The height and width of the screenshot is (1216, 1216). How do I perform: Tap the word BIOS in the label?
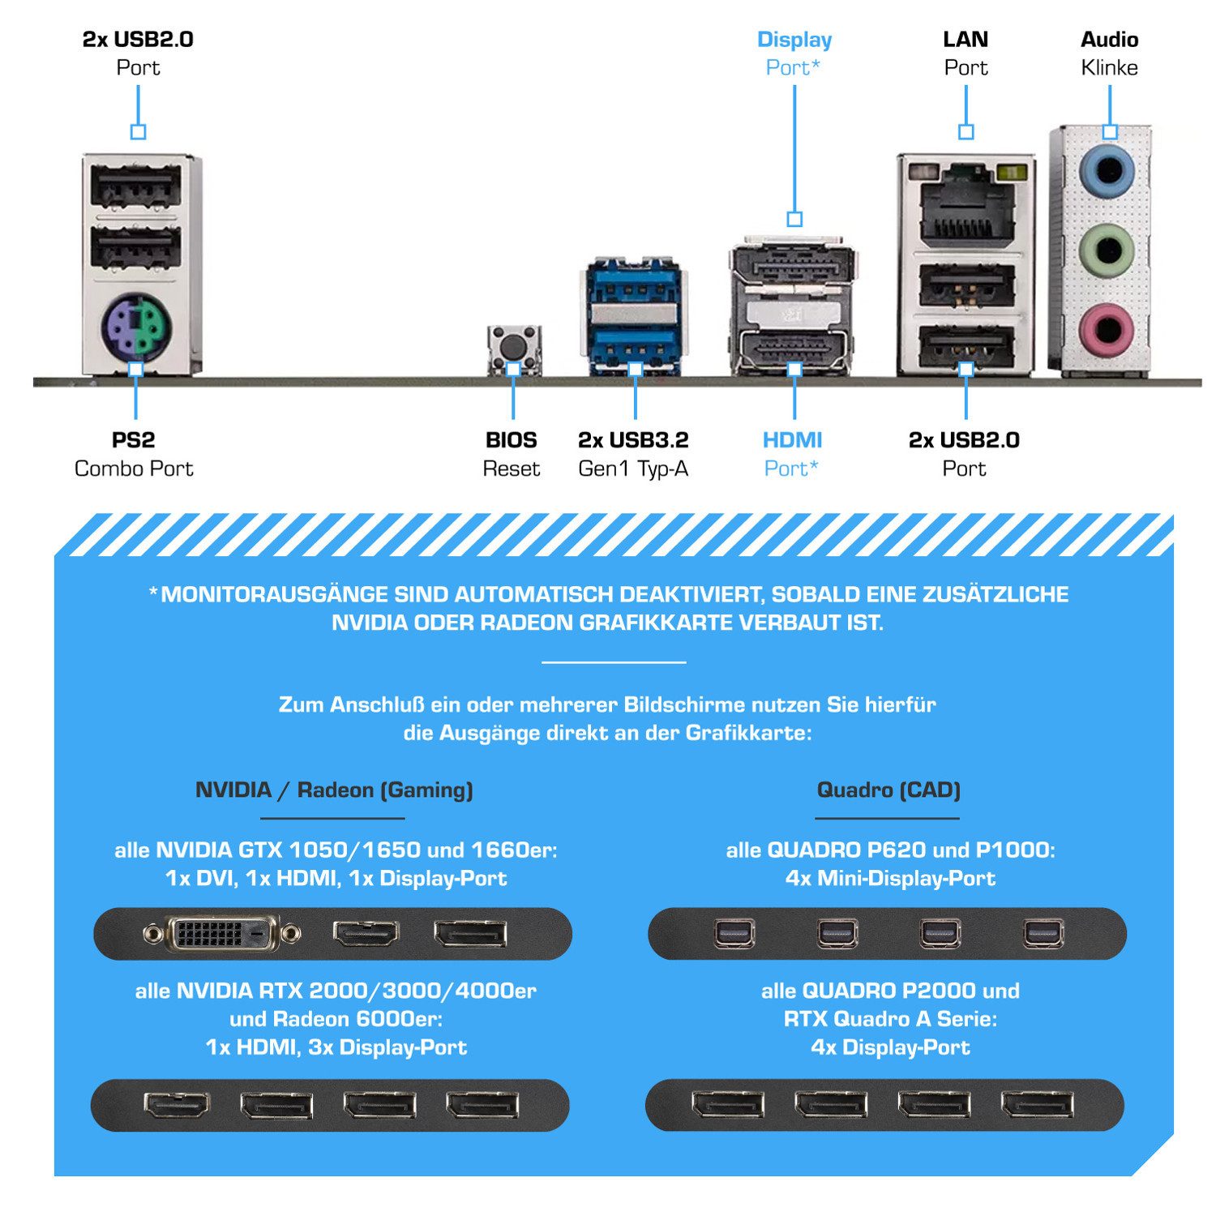click(511, 440)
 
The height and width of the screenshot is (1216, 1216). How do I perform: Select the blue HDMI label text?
click(792, 440)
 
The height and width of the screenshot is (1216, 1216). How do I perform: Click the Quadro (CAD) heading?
click(888, 790)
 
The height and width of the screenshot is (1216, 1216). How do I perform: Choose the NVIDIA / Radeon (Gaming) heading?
click(334, 790)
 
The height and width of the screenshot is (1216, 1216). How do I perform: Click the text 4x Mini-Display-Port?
click(890, 878)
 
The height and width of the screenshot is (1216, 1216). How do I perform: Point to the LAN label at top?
click(966, 39)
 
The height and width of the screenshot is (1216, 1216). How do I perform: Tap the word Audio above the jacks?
click(1109, 39)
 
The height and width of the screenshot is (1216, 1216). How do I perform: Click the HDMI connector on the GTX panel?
click(366, 934)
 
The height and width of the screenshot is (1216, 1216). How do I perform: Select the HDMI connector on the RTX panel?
click(177, 1105)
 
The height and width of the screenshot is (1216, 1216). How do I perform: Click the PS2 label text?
click(133, 440)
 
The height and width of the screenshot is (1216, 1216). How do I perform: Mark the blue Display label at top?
click(794, 39)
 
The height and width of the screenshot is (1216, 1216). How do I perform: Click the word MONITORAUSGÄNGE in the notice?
click(275, 594)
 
